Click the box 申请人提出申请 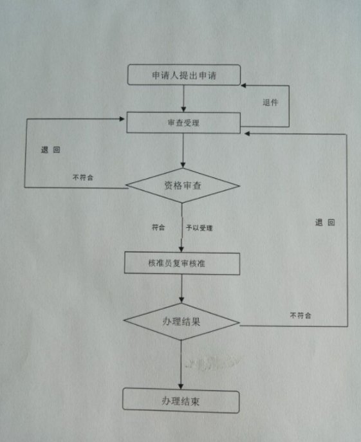(x=184, y=75)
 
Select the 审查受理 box (x=183, y=123)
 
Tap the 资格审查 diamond (x=183, y=185)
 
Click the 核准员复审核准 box (x=182, y=263)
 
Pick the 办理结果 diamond (x=181, y=322)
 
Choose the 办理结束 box (x=181, y=401)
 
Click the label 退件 (x=270, y=102)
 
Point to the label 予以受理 (x=199, y=228)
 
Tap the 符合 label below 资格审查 (x=158, y=227)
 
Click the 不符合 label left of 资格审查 (x=83, y=178)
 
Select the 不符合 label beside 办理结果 (x=301, y=315)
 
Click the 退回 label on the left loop (x=50, y=150)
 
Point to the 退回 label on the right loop (x=325, y=223)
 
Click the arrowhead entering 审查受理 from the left (x=122, y=119)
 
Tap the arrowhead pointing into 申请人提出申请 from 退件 (x=243, y=86)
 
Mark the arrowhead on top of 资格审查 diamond (x=183, y=165)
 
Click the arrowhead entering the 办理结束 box (x=181, y=386)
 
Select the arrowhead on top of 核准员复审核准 (x=181, y=249)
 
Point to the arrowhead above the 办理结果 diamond (x=181, y=300)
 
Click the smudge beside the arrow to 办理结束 (x=212, y=362)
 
